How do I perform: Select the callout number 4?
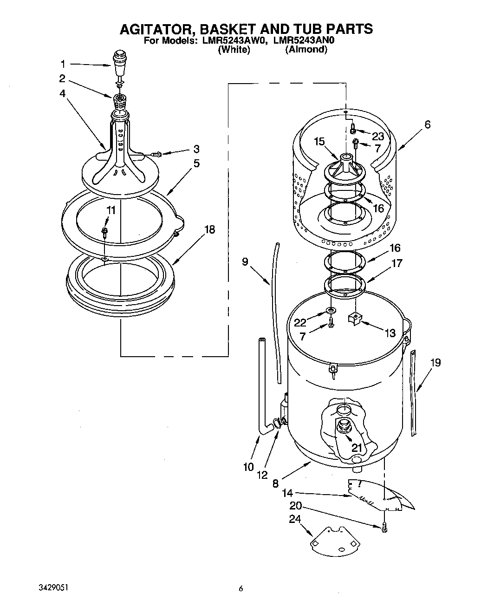pos(63,93)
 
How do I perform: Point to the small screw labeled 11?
pos(105,231)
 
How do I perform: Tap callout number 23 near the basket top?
pos(378,136)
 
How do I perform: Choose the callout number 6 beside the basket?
pos(428,124)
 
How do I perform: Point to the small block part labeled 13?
pos(355,320)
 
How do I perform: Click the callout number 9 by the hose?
pos(245,262)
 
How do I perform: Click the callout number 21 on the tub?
pos(356,447)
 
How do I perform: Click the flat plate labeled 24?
pos(334,540)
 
